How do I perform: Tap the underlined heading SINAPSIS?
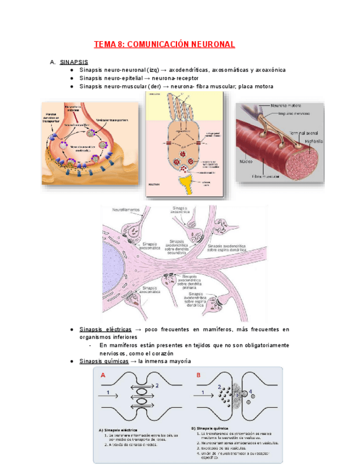(x=74, y=62)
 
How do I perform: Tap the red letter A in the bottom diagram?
(x=103, y=375)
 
